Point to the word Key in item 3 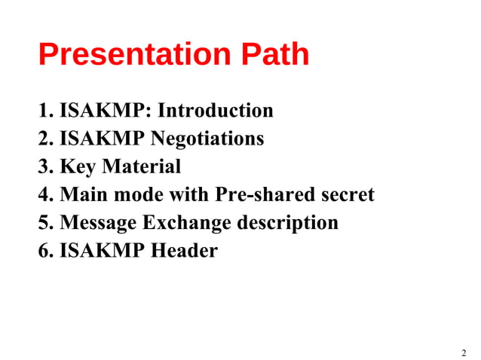click(78, 167)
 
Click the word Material click(142, 167)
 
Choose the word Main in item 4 click(81, 195)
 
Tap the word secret click(345, 195)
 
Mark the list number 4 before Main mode click(44, 195)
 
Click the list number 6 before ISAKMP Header click(44, 251)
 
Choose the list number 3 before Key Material click(44, 167)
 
